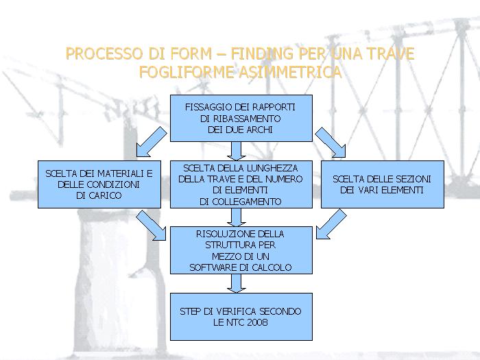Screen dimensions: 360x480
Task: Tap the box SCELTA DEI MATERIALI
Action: point(99,184)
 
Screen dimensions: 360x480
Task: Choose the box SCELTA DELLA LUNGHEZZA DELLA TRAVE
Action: point(240,184)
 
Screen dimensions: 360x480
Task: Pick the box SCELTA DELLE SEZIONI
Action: point(382,184)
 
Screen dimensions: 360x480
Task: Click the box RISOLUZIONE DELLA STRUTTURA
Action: point(240,250)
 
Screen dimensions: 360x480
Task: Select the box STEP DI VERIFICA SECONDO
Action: point(240,316)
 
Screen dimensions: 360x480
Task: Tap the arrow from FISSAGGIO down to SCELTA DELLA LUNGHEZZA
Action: point(237,150)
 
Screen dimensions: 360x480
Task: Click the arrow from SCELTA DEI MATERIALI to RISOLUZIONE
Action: point(151,225)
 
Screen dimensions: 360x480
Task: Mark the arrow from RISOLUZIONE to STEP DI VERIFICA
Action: point(237,283)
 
